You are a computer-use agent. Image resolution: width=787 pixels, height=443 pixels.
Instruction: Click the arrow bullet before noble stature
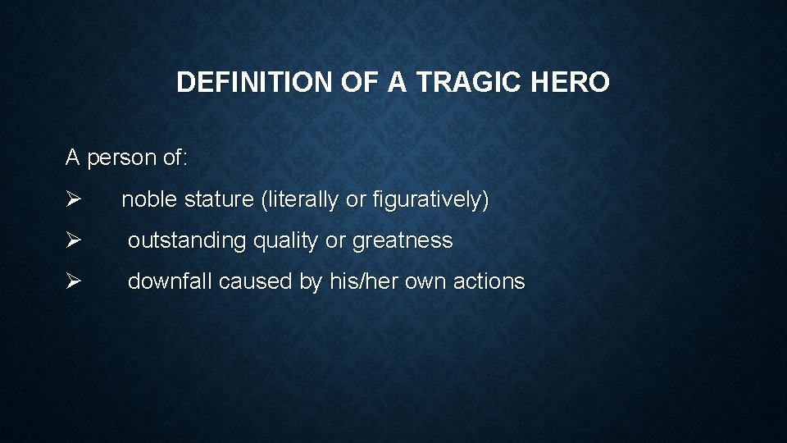click(72, 199)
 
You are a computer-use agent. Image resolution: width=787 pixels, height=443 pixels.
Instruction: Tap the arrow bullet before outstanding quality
click(72, 240)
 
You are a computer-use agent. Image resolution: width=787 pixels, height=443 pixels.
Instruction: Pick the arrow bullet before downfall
click(72, 281)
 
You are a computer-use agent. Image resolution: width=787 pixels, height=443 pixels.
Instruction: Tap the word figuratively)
click(430, 199)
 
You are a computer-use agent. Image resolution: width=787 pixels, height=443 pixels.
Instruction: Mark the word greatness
click(403, 240)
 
